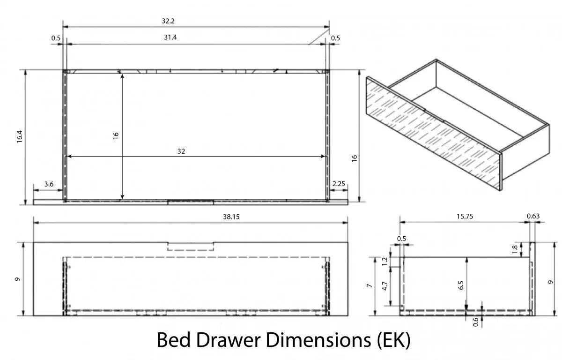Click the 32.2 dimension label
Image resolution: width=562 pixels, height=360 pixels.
point(168,21)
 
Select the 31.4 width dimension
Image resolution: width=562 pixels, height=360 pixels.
point(170,37)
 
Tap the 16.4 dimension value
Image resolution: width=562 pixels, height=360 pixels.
point(20,136)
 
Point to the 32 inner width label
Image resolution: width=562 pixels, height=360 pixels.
point(181,151)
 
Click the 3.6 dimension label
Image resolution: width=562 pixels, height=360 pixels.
point(49,184)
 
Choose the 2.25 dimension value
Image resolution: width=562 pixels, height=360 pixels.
point(339,184)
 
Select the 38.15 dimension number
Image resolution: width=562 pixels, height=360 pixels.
point(231,217)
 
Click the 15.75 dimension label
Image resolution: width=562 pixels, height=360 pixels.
point(465,217)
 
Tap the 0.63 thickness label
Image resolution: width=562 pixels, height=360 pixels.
point(533,216)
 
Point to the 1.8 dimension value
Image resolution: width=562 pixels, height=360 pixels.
point(515,249)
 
